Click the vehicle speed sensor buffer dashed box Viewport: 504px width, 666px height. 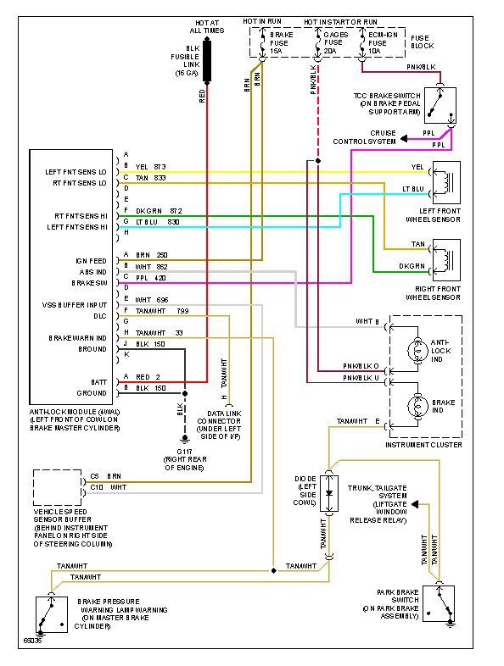click(x=58, y=487)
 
